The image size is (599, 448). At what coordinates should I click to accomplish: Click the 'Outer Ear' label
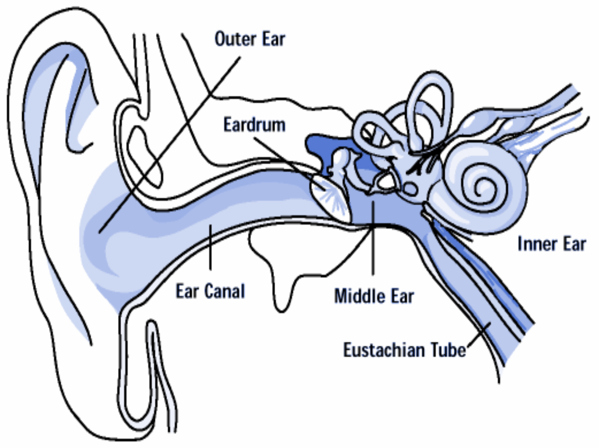pos(250,39)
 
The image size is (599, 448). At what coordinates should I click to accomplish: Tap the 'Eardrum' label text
pos(254,125)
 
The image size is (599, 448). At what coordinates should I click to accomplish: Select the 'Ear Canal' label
pos(210,291)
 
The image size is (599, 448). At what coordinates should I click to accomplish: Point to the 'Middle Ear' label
pos(374,297)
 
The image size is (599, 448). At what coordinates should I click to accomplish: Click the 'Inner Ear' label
pos(551,245)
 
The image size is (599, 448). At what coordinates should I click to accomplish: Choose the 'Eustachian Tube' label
pos(404,350)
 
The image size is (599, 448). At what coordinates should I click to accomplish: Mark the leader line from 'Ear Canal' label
pos(210,247)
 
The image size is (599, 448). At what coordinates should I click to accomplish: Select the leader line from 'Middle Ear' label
pos(373,241)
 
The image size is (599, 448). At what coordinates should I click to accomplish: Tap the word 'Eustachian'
pos(384,350)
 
